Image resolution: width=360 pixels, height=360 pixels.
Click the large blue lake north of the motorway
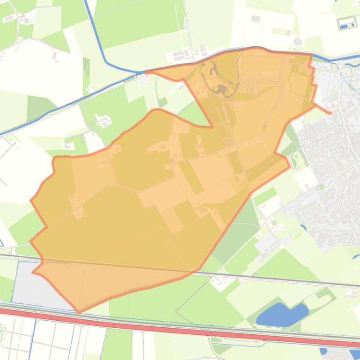[281, 315]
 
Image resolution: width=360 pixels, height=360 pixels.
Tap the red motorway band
[187, 328]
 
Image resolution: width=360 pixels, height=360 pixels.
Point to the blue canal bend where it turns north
[106, 63]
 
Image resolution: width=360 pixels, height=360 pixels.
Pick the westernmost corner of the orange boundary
[31, 201]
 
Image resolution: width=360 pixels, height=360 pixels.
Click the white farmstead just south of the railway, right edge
[350, 294]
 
